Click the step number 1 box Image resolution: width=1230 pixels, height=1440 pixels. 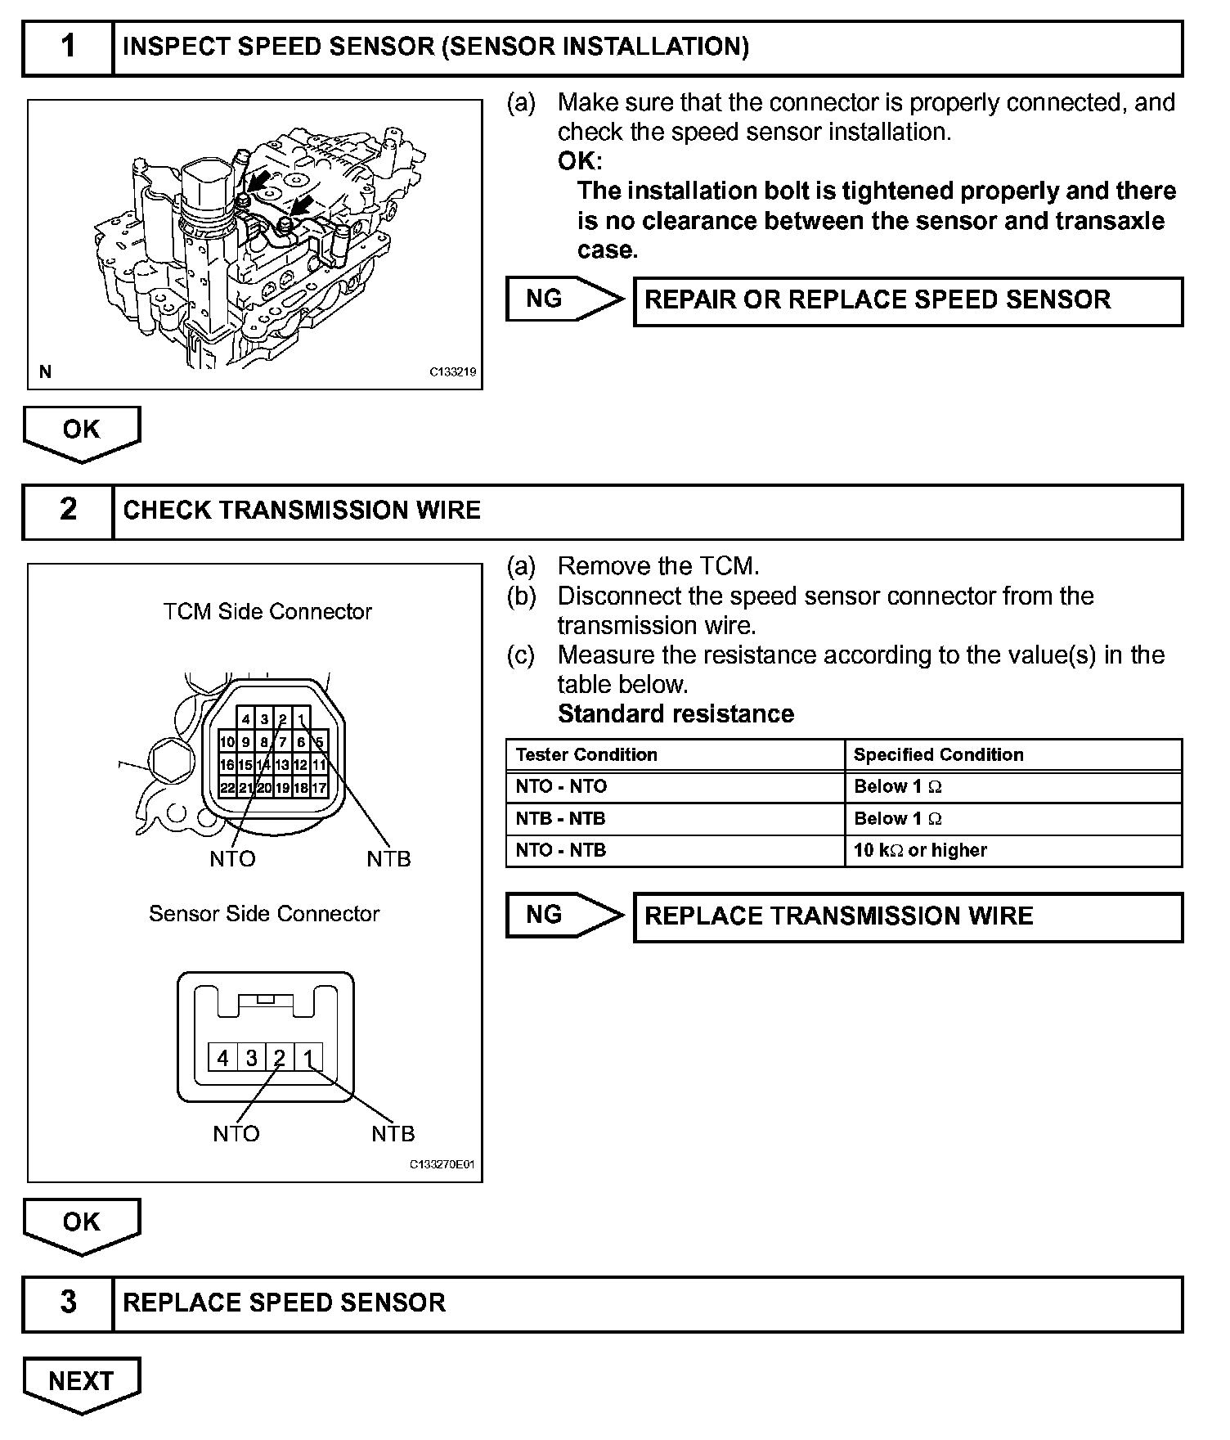[x=68, y=47]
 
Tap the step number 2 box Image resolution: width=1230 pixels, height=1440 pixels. [x=68, y=511]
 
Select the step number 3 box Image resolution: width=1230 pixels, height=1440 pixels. [x=68, y=1303]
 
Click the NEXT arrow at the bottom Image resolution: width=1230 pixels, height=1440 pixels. [x=81, y=1382]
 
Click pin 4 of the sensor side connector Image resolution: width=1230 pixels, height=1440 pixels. [x=222, y=1058]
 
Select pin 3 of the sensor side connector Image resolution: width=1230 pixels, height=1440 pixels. [x=251, y=1058]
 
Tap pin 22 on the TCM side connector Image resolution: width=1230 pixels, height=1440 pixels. [x=228, y=788]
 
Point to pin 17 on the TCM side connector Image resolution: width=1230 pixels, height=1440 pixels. [x=319, y=788]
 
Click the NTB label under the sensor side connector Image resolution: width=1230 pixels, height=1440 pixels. [x=393, y=1134]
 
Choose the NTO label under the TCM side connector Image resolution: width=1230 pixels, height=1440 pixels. [x=233, y=859]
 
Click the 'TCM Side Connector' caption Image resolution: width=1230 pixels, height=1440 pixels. [x=267, y=612]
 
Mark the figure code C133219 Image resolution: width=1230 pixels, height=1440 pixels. [x=453, y=371]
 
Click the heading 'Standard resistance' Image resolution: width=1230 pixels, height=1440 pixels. [x=676, y=714]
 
